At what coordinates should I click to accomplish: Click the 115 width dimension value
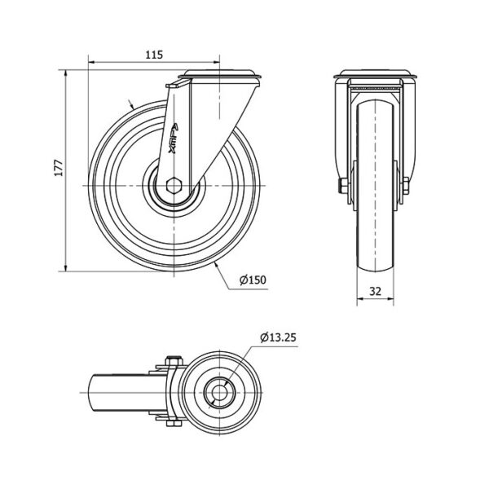[x=154, y=55]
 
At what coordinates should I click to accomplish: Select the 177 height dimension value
[x=59, y=168]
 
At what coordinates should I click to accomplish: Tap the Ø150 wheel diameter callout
[x=253, y=280]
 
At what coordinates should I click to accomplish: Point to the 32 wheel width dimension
[x=375, y=291]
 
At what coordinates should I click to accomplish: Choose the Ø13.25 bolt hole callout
[x=278, y=337]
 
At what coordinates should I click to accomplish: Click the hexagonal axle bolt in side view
[x=174, y=186]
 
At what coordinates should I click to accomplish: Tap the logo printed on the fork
[x=173, y=139]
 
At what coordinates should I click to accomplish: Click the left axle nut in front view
[x=344, y=186]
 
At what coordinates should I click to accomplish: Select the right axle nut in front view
[x=406, y=186]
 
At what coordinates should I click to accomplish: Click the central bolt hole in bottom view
[x=220, y=392]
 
